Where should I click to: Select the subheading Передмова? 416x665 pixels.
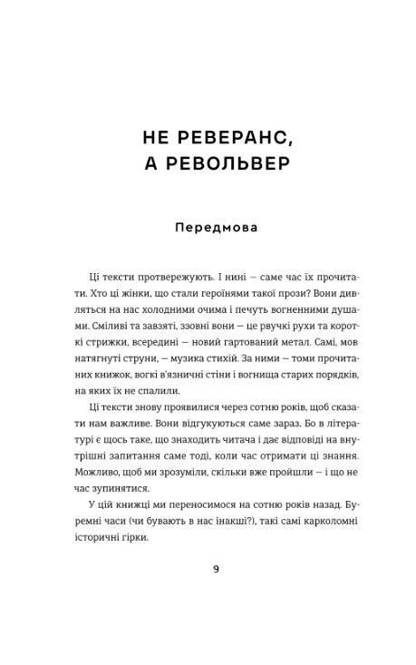point(216,227)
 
